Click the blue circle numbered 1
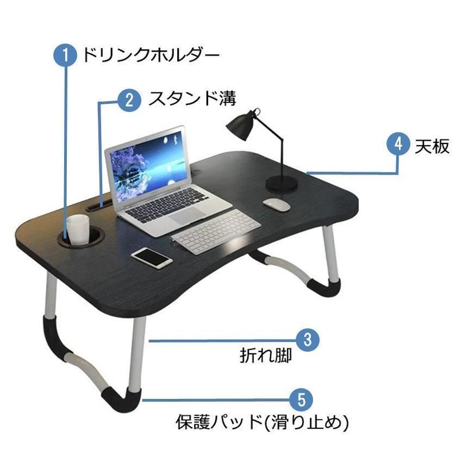65,55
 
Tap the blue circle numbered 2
129,100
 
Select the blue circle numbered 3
308,340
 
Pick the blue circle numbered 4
398,144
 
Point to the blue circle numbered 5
301,400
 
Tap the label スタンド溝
192,98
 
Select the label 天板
432,146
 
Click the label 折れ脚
265,355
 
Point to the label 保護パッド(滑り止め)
262,422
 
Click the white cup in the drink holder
78,229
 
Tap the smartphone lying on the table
152,258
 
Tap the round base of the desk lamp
282,183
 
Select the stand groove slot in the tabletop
99,205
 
